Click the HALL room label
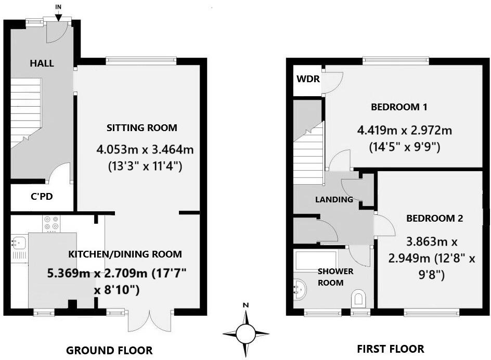click(42, 63)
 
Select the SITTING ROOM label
click(142, 127)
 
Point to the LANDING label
click(334, 199)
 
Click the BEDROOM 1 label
click(399, 107)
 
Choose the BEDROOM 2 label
click(434, 218)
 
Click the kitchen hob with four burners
click(50, 223)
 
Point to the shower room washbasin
click(299, 286)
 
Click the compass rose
click(245, 331)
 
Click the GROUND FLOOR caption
click(109, 350)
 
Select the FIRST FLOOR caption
click(391, 349)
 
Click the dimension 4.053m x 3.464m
click(145, 150)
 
